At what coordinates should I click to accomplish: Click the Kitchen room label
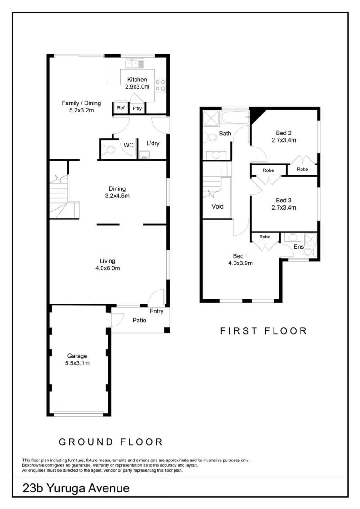point(137,80)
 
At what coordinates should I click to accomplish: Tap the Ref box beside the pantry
point(121,108)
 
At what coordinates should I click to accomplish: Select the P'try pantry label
point(137,108)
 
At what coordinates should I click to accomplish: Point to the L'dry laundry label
point(153,143)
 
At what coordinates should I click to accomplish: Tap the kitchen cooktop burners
point(161,85)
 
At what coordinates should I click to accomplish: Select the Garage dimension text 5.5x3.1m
point(77,363)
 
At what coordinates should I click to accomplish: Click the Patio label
point(139,321)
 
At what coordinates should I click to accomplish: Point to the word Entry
point(156,311)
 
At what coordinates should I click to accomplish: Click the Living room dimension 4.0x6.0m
point(108,268)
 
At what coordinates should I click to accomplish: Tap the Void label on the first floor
point(217,206)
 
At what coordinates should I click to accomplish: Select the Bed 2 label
point(283,133)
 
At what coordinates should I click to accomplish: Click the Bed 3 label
point(283,201)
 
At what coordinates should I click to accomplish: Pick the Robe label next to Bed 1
point(265,237)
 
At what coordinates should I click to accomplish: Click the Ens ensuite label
point(299,247)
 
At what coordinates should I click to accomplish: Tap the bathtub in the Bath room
point(235,117)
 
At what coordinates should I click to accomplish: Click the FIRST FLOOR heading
point(264,331)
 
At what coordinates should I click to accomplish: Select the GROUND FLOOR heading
point(111,442)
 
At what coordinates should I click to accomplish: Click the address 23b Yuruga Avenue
point(76,488)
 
